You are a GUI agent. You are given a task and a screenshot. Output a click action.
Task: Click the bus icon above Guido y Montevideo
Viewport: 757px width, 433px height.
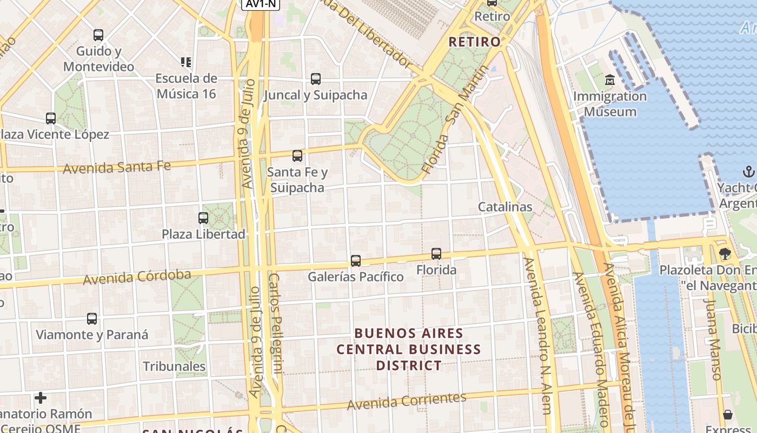(x=98, y=35)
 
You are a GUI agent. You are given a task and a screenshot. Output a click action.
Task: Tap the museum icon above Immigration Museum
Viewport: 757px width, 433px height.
(x=610, y=81)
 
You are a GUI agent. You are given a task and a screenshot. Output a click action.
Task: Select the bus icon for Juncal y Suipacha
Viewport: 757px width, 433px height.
(x=316, y=79)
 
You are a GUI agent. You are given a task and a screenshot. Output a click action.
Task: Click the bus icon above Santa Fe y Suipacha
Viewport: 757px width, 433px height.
(x=297, y=156)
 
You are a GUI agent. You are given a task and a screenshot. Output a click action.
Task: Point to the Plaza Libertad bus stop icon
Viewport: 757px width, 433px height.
(x=203, y=218)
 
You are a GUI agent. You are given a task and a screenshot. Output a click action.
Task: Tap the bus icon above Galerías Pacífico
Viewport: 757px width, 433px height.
(x=355, y=261)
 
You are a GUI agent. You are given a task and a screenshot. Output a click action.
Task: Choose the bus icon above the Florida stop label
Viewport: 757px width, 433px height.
(x=436, y=253)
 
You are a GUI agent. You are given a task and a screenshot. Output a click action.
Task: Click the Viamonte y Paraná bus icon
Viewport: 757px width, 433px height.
(x=92, y=319)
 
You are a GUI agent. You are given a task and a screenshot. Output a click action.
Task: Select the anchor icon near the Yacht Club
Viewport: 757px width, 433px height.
(x=748, y=172)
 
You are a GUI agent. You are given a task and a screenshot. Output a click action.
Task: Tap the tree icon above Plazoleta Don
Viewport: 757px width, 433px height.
(x=725, y=253)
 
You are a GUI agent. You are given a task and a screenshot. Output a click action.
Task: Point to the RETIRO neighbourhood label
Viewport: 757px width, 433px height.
(x=475, y=42)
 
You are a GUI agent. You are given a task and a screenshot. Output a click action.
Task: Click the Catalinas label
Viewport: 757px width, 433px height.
(x=505, y=207)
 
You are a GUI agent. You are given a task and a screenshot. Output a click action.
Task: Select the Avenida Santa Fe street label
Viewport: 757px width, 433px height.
(x=117, y=167)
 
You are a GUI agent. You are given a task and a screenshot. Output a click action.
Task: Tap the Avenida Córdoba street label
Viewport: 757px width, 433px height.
(x=137, y=277)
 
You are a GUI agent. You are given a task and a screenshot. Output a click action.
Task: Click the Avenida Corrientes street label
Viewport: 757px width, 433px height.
(x=406, y=401)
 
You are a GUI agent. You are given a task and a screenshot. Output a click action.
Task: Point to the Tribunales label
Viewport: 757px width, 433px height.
(x=174, y=366)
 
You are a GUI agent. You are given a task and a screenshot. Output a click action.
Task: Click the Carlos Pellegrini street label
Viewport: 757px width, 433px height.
(x=276, y=324)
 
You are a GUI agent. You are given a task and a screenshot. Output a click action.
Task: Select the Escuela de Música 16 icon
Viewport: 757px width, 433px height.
(x=186, y=62)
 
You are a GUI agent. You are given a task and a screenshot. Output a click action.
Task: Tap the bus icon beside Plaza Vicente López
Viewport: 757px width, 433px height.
(x=51, y=118)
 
